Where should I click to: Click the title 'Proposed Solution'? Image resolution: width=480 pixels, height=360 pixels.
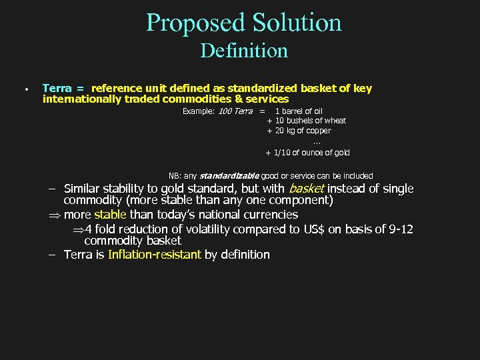pos(243,23)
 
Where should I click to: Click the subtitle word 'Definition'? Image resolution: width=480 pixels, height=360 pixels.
pos(243,51)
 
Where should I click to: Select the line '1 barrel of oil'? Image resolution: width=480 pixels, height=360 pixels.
pos(299,111)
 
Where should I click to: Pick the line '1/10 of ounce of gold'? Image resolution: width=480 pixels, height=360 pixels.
pos(311,153)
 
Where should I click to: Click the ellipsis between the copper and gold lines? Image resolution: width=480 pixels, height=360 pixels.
pos(316,141)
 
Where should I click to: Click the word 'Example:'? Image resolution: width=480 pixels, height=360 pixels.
pos(199,111)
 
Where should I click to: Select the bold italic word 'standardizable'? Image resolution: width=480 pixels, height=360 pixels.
pos(229,176)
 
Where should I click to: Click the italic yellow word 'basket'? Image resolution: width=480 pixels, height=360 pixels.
pos(306,189)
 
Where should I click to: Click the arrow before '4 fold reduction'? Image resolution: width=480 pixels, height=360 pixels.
pos(78,230)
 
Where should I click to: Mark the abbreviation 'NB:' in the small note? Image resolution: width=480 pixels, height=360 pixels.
pos(175,176)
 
